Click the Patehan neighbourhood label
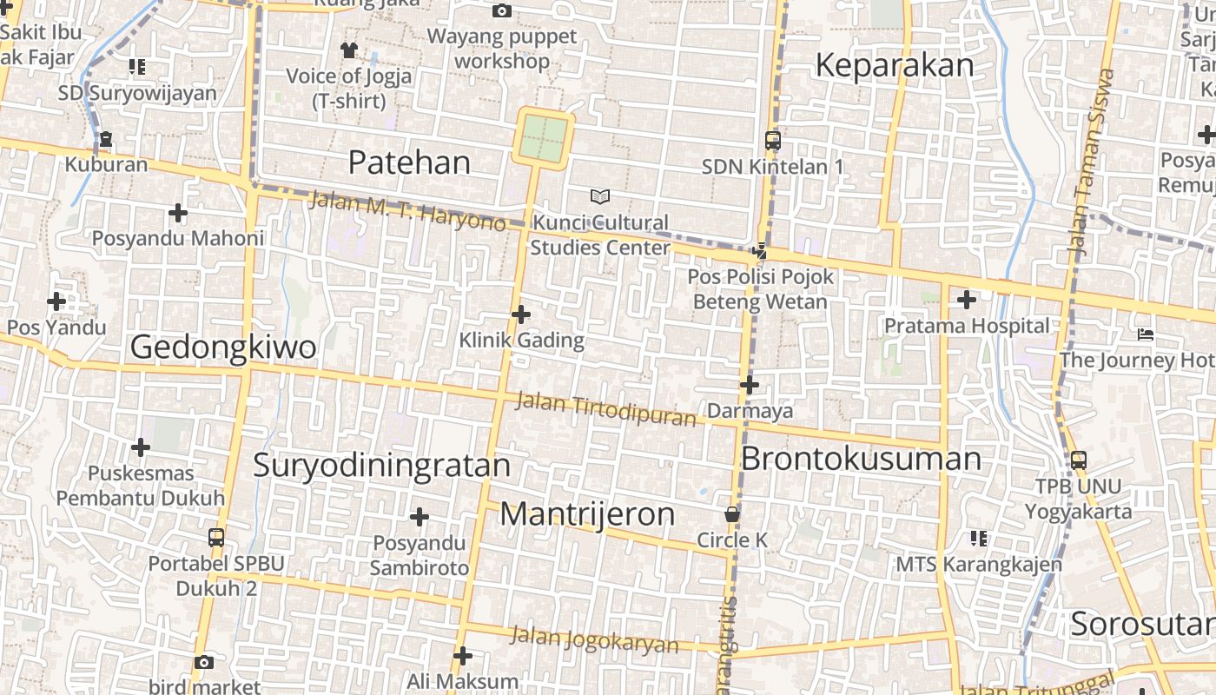point(409,162)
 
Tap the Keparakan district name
point(895,66)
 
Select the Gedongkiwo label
point(223,347)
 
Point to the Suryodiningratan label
point(381,465)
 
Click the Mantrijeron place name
point(587,514)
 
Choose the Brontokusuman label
point(861,459)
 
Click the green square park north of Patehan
point(545,137)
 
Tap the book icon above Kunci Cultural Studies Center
point(599,196)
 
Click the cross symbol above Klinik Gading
point(521,314)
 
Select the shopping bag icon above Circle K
point(732,514)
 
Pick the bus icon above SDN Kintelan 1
point(772,140)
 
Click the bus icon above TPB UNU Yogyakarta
point(1078,460)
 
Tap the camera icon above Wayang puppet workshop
point(501,11)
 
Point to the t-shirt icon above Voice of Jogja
point(349,50)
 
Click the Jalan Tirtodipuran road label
point(605,409)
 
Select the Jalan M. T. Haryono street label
point(407,211)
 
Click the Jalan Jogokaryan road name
point(594,639)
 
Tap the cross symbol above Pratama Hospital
point(966,301)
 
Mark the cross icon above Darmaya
point(750,384)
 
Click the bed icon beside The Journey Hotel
point(1146,334)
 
